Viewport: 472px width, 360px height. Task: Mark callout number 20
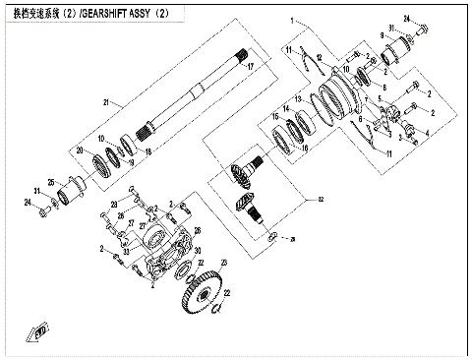81,150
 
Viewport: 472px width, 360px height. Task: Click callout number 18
148,153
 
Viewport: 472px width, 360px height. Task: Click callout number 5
366,99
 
